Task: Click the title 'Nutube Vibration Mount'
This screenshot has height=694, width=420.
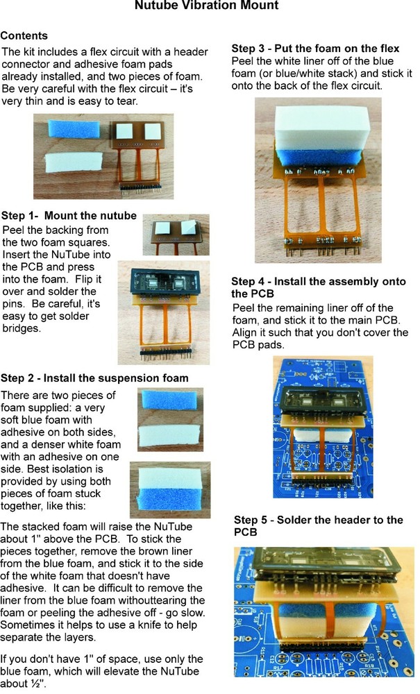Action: click(x=207, y=6)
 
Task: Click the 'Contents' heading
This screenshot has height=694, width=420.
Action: click(x=24, y=35)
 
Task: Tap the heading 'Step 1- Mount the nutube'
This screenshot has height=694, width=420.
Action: click(x=69, y=216)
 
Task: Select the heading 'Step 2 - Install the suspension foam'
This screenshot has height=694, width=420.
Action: click(x=94, y=378)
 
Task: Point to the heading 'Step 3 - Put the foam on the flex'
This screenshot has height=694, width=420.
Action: click(x=315, y=49)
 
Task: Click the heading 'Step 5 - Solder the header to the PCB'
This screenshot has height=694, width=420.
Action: click(x=318, y=526)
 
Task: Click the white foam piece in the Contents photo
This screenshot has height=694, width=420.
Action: click(x=74, y=164)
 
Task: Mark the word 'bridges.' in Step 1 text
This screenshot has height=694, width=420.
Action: click(x=22, y=328)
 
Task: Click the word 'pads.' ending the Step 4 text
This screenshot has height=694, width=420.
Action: click(x=271, y=344)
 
